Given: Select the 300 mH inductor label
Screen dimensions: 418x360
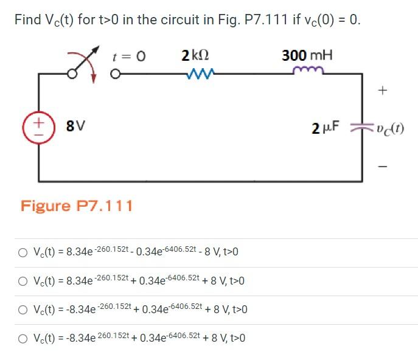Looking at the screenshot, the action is click(x=307, y=56).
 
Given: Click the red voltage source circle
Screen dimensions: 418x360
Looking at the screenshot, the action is click(x=38, y=126).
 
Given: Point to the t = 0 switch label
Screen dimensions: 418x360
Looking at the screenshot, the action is click(x=129, y=57).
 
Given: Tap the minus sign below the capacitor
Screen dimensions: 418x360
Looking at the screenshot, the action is click(x=382, y=165).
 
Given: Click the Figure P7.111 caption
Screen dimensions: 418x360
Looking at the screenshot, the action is click(x=77, y=206).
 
